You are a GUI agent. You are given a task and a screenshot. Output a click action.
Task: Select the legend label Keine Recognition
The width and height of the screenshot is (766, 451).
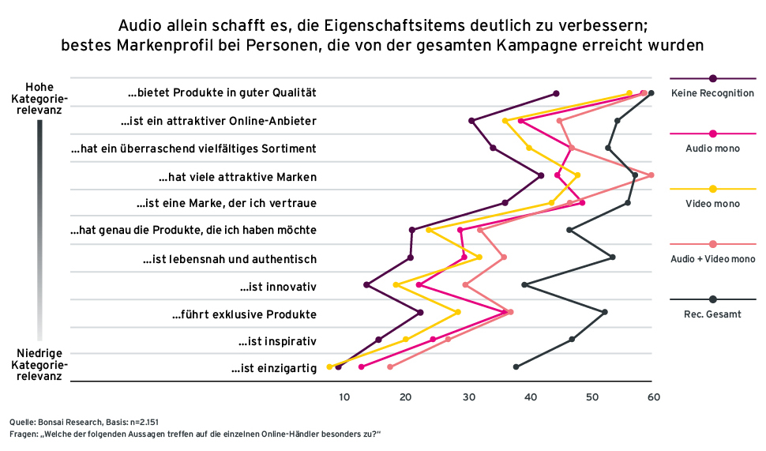pos(712,93)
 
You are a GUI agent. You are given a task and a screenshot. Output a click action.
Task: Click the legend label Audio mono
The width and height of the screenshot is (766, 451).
pos(712,148)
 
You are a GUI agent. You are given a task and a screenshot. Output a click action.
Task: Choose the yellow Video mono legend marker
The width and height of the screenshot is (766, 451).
pos(713,189)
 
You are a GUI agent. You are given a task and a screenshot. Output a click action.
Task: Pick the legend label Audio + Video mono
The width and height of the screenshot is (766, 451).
pos(712,259)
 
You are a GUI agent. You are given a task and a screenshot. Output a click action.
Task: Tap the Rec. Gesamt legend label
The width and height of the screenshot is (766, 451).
pos(712,314)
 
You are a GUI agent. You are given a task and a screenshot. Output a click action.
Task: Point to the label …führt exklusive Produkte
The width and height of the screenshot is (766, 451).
pos(244,314)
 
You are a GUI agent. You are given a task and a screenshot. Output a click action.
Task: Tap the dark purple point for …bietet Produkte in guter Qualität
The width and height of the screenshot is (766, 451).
pos(556,94)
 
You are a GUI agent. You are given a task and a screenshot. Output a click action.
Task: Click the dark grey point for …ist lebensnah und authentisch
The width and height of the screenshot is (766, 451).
pos(613,257)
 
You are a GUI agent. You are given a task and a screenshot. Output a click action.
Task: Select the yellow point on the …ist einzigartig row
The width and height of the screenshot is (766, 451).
pos(329,366)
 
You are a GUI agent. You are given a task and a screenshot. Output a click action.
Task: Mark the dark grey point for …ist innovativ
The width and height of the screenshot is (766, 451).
pos(524,284)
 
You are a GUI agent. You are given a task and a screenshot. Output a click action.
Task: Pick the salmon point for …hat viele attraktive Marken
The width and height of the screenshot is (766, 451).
pos(651,175)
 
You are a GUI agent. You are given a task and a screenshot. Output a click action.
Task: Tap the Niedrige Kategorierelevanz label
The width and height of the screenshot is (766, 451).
pos(39,364)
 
